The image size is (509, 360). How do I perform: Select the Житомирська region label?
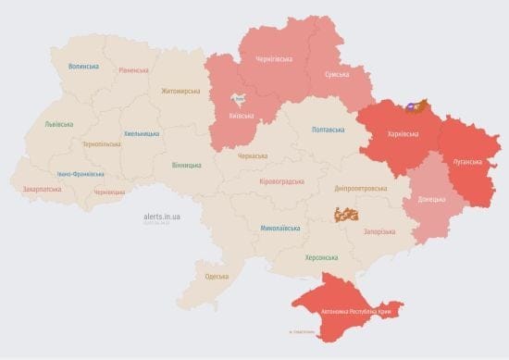(180, 91)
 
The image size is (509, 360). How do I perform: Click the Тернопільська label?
(103, 144)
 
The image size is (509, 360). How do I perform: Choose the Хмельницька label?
(142, 133)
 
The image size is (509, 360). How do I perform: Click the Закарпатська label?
(42, 190)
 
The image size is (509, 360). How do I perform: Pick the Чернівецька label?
(109, 192)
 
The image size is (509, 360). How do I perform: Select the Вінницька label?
(186, 165)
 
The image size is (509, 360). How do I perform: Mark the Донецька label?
(431, 199)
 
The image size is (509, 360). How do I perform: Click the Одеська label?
(217, 277)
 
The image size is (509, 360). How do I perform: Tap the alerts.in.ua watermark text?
(162, 216)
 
